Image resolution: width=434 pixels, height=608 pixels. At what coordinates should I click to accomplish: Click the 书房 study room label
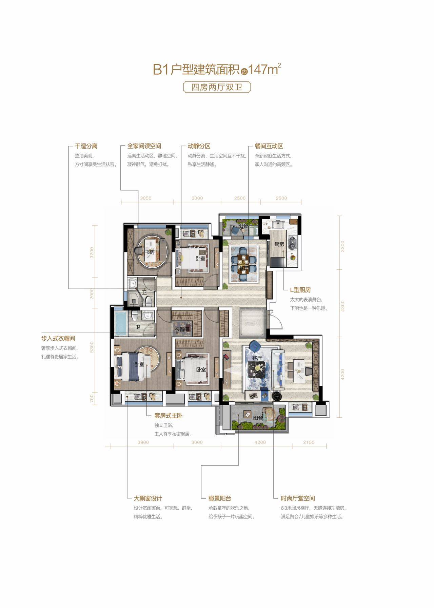click(150, 252)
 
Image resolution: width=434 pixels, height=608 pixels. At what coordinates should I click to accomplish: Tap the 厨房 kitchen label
click(279, 244)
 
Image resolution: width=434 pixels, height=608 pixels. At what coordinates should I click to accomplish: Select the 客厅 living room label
click(257, 358)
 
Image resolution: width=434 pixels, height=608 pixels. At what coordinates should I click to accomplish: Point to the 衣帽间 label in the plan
click(182, 329)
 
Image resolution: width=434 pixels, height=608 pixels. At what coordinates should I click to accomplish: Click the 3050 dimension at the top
click(145, 198)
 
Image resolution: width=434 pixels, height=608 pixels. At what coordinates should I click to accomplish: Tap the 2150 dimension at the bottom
click(309, 442)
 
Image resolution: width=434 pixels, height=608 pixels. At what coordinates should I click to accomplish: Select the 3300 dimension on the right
click(342, 246)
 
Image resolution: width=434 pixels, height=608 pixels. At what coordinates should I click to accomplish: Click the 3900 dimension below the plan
click(143, 442)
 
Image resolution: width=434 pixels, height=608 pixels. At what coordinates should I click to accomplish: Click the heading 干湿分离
click(86, 146)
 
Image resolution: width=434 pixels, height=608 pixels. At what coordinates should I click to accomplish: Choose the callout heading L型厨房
click(300, 290)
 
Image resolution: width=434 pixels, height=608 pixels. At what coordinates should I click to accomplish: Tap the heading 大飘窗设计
click(148, 498)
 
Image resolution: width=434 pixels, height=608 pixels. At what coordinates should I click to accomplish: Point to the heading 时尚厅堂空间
click(298, 498)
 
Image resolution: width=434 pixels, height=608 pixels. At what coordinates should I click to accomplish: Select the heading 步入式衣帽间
click(58, 339)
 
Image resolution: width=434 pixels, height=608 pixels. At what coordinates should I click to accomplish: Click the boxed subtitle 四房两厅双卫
click(217, 87)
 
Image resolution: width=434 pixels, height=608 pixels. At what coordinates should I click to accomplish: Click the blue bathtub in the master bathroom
click(121, 323)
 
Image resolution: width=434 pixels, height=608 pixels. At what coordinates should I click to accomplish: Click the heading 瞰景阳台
click(220, 498)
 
